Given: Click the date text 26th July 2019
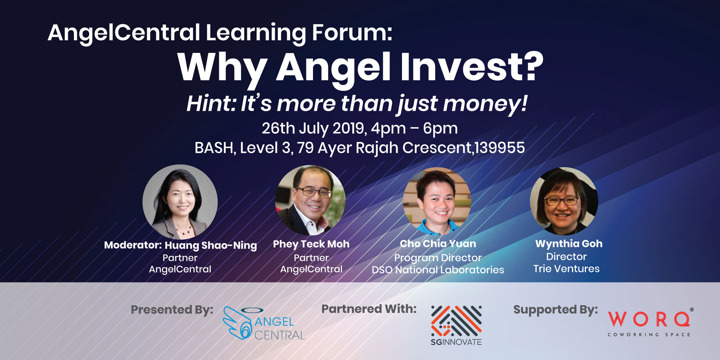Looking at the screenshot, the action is tap(313, 129).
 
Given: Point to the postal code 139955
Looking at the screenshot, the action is tap(500, 148).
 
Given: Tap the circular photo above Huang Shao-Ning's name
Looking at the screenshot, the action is tap(180, 202).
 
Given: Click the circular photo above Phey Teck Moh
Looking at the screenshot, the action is tap(310, 200).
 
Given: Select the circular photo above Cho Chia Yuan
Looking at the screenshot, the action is tap(437, 201).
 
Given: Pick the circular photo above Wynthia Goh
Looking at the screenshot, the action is tap(564, 201).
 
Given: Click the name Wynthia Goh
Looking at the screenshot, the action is tap(569, 244).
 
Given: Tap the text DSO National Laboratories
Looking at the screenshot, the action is tap(438, 270).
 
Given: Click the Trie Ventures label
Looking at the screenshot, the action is tap(566, 269).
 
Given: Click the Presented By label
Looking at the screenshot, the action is tap(172, 310).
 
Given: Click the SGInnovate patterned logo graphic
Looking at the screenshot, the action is tap(456, 321).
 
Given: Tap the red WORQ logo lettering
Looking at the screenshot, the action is tap(649, 319).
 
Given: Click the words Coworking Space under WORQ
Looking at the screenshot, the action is tap(649, 335).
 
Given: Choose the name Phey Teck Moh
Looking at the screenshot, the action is tap(311, 244).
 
